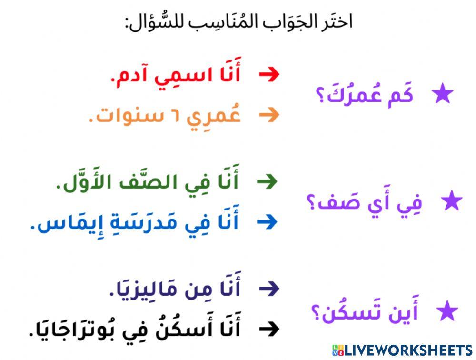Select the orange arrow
(269, 115)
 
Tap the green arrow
(267, 181)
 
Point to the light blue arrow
(267, 221)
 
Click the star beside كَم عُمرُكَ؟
(443, 95)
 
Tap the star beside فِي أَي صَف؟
(451, 201)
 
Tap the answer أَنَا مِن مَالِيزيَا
(174, 289)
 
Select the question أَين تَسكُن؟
(364, 313)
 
